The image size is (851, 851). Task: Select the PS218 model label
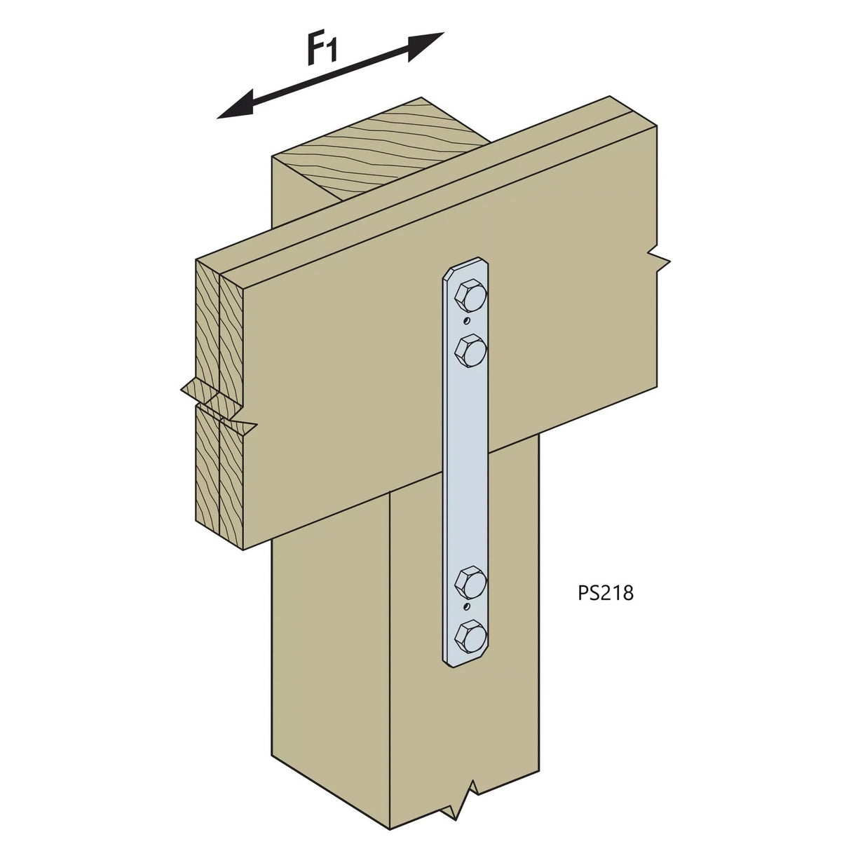pyautogui.click(x=606, y=592)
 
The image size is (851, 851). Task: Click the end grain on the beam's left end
pyautogui.click(x=217, y=393)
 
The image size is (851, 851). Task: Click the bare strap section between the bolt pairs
pyautogui.click(x=468, y=463)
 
